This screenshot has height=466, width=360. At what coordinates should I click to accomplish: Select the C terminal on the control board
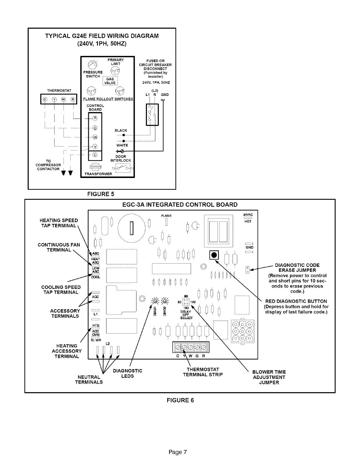click(95, 155)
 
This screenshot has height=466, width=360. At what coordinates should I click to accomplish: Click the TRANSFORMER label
click(98, 174)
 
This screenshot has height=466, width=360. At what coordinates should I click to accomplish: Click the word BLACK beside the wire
click(121, 130)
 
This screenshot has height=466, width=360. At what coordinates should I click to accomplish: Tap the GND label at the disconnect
click(165, 95)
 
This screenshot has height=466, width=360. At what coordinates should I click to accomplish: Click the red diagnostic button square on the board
click(214, 255)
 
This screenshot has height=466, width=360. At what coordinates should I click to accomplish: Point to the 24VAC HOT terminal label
click(248, 218)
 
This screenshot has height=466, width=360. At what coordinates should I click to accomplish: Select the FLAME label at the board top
click(166, 216)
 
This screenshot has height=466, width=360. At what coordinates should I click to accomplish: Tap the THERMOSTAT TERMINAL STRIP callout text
click(203, 372)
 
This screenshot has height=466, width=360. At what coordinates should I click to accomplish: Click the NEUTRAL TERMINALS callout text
click(89, 380)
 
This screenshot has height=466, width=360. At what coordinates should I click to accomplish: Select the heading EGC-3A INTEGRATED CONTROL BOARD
click(180, 205)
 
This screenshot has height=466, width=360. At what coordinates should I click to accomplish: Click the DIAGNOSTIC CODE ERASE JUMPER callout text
click(297, 267)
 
